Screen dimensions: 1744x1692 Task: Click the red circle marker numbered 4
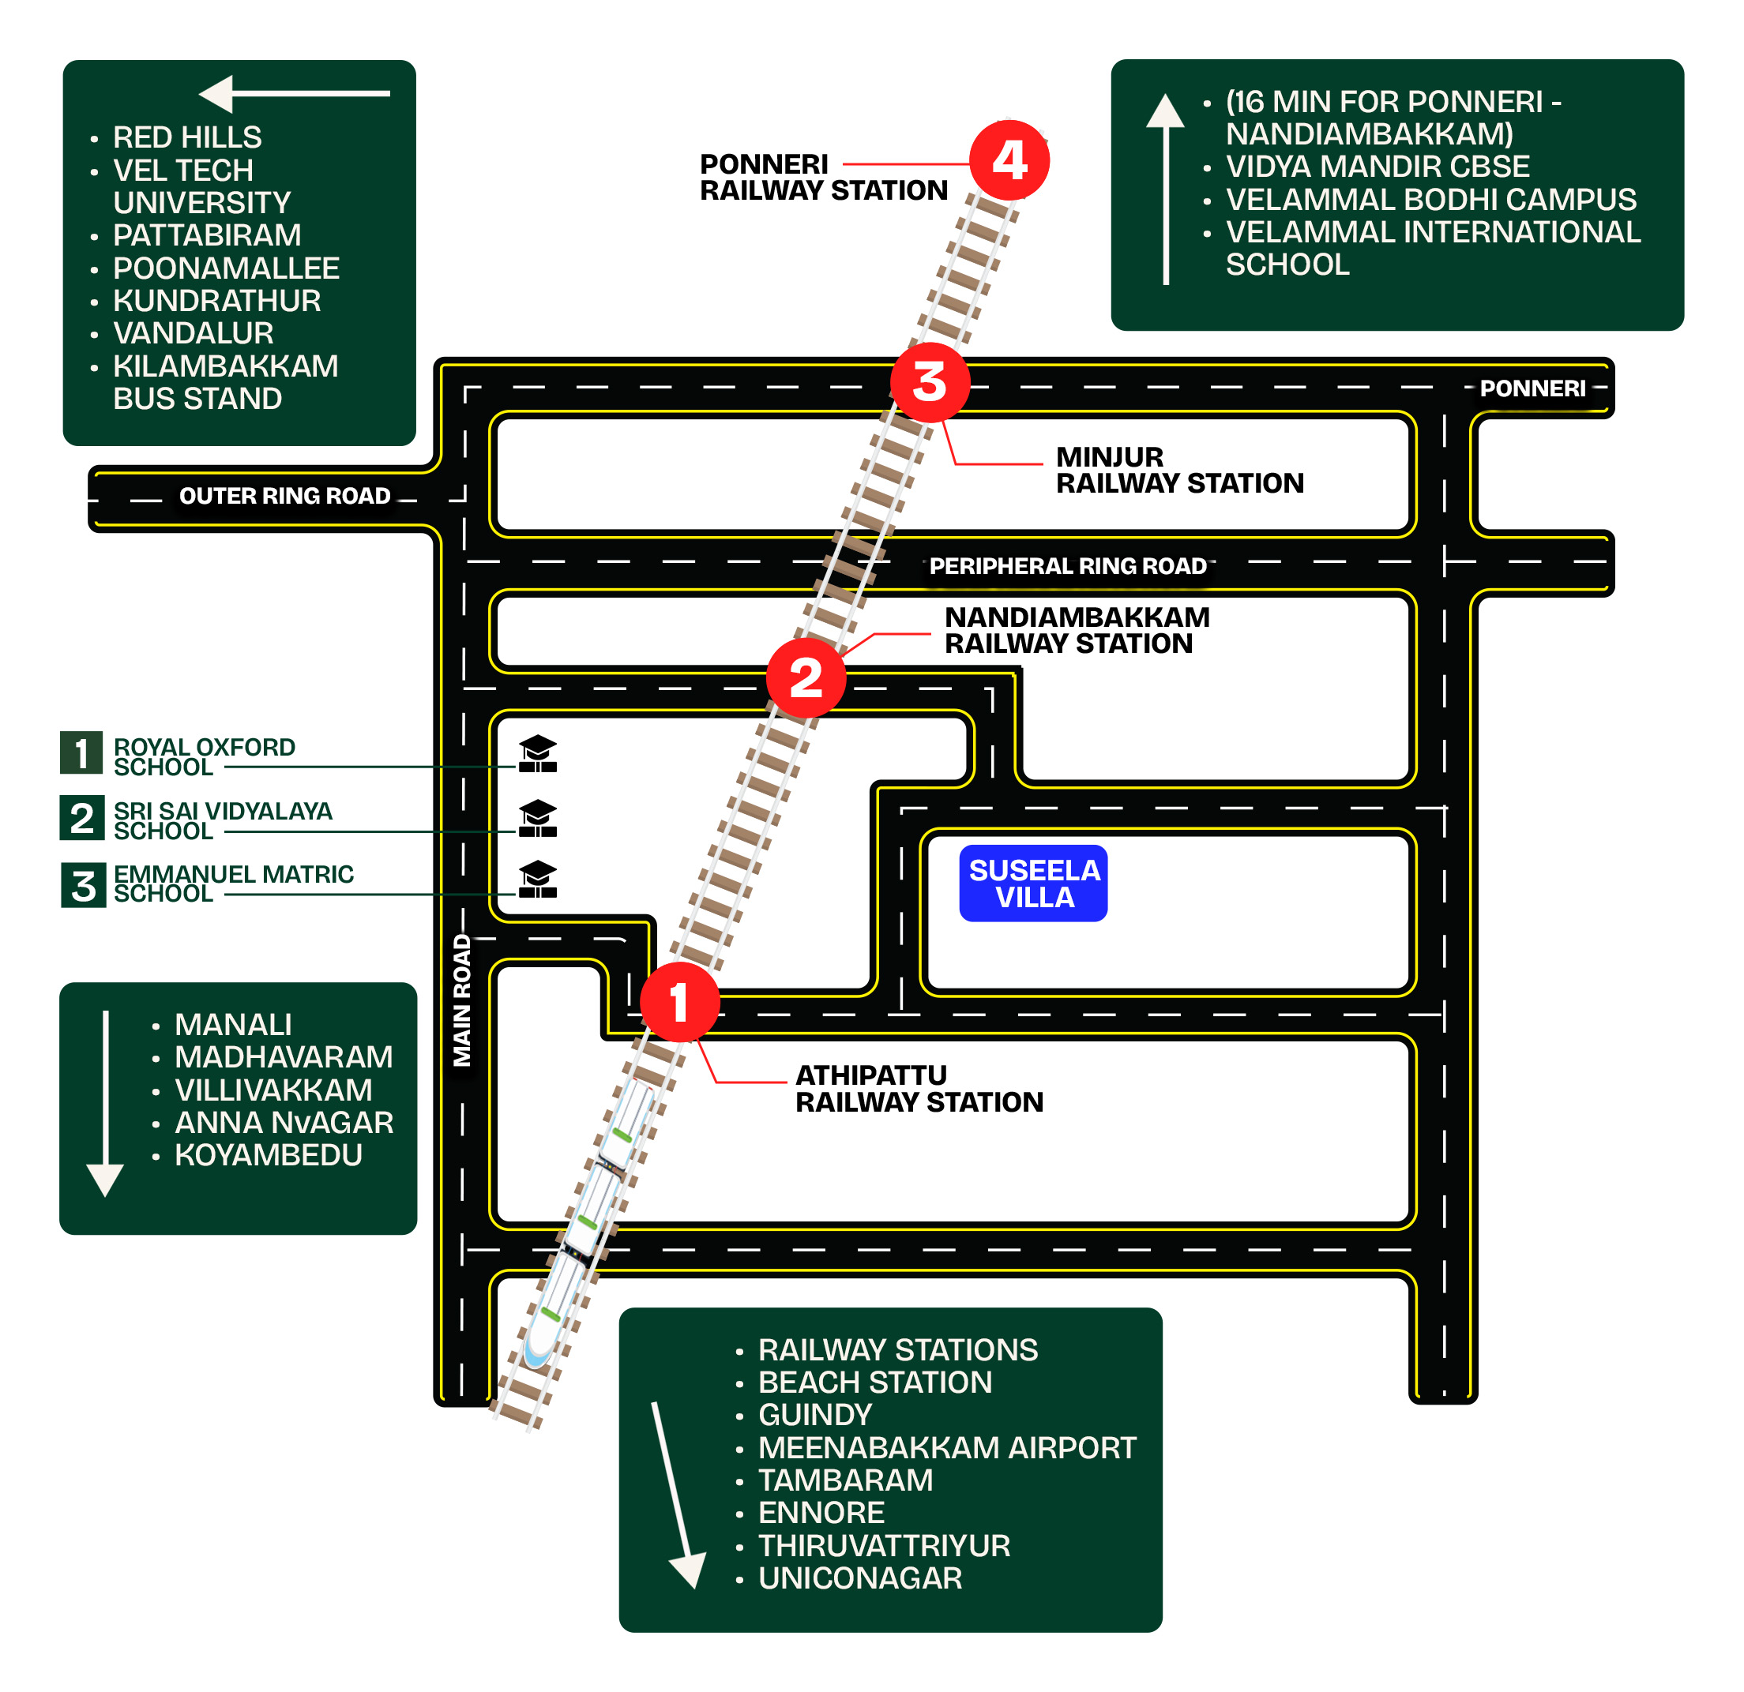1009,161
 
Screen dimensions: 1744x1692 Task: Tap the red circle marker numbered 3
930,382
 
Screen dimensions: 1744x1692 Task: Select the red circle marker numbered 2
806,678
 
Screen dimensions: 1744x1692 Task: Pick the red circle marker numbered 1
680,1002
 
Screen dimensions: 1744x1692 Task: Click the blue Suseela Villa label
1033,884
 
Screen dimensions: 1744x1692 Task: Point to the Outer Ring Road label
284,496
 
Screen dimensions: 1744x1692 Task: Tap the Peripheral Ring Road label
1068,566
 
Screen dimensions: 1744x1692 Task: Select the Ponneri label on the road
1532,388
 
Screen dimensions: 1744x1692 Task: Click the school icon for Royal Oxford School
537,753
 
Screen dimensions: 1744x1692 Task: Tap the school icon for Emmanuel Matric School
537,879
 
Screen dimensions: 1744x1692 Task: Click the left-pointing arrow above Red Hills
295,93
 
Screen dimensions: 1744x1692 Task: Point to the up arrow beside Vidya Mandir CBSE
1166,189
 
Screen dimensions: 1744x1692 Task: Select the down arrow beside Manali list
105,1103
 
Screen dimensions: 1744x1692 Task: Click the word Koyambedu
269,1154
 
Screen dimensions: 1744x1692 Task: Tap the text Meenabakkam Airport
947,1447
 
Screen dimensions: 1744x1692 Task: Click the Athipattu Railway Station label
919,1089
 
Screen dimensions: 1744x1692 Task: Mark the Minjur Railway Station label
1180,470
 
